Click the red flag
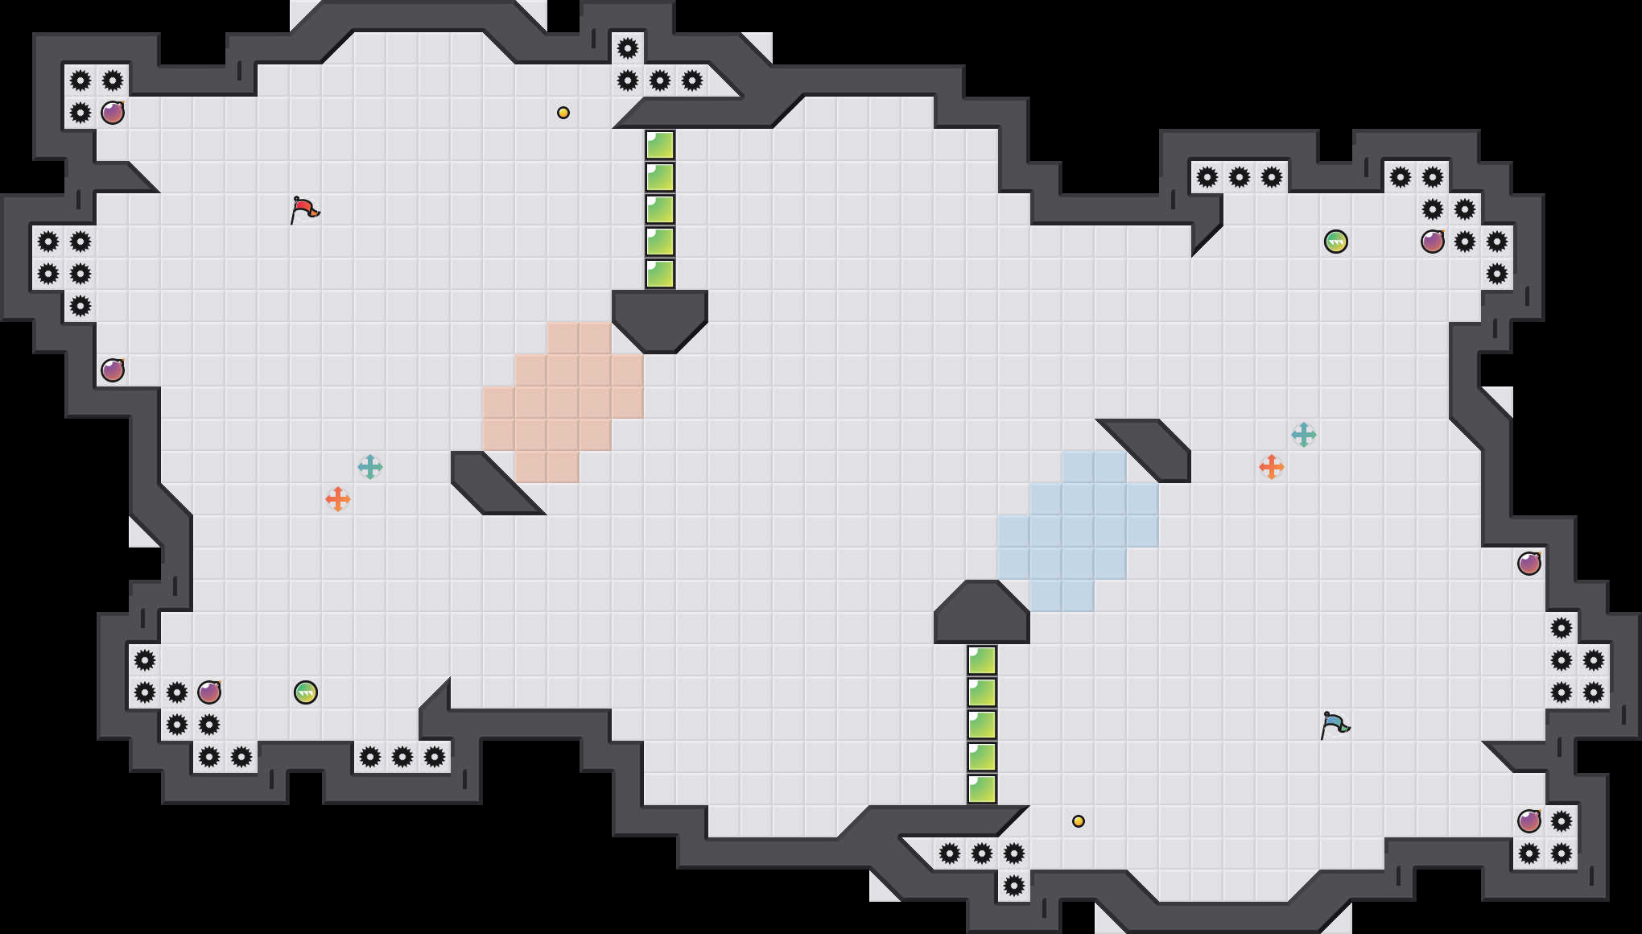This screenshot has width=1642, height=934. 304,209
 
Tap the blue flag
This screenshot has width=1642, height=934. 1335,725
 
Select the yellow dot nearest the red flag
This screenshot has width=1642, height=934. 563,113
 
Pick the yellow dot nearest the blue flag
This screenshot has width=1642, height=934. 1079,821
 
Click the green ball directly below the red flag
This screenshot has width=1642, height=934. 306,692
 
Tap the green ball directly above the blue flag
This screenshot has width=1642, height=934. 1336,242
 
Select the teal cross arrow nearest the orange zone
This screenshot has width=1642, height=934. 370,467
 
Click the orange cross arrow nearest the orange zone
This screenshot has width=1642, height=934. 338,499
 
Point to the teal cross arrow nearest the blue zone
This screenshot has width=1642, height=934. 1304,435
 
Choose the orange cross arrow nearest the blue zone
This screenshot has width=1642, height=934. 1272,467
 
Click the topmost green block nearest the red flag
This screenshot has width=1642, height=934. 660,145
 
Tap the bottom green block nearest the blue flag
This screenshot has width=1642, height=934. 982,789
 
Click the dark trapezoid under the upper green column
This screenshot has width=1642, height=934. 660,318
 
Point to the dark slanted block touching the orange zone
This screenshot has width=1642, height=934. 491,483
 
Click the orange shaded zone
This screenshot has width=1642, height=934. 563,403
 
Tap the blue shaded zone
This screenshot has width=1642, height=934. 1079,531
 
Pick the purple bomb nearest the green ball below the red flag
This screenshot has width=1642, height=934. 209,692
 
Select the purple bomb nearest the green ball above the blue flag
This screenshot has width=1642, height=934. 1433,242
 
